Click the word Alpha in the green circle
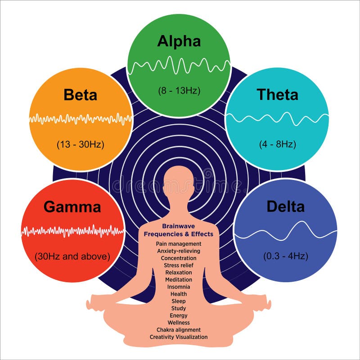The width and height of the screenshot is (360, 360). (x=179, y=41)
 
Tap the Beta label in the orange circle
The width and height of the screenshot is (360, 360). (x=81, y=95)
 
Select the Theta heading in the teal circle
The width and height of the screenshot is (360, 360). (x=277, y=94)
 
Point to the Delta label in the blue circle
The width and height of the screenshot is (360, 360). (x=285, y=207)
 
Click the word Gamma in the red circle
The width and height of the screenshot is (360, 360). (x=72, y=207)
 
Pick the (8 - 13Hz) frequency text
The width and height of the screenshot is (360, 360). (x=179, y=90)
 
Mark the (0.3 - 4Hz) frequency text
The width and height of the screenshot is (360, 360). (x=285, y=256)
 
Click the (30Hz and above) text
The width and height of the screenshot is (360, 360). (x=72, y=256)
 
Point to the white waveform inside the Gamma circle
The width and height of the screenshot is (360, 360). (x=72, y=231)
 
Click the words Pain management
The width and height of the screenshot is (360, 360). (x=179, y=243)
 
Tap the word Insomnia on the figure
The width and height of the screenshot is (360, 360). (x=179, y=287)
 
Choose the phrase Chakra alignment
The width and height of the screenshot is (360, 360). (x=179, y=330)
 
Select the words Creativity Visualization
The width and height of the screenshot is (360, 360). (x=179, y=337)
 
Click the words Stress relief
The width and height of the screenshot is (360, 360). (x=179, y=265)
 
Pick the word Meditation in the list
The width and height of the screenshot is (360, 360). (x=179, y=279)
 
